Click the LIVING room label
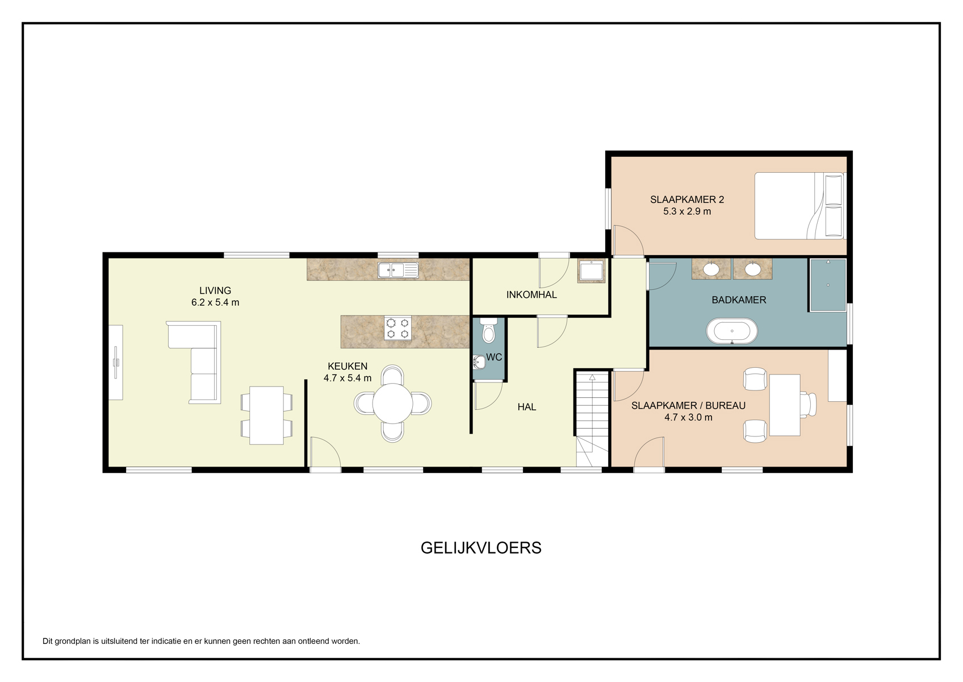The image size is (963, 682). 215,290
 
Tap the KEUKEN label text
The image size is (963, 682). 347,366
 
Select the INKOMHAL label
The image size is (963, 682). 531,295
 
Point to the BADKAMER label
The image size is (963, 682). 739,300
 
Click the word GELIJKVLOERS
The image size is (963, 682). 481,548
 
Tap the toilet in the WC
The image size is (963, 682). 488,330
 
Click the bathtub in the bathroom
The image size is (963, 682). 732,331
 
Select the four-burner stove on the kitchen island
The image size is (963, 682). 397,328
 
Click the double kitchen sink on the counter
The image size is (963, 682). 398,270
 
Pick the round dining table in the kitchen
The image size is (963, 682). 392,404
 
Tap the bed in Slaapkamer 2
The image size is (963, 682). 799,206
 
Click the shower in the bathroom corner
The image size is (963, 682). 828,285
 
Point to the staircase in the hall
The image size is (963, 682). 592,419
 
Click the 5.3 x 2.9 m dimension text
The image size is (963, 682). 687,211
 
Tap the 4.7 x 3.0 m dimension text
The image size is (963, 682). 688,417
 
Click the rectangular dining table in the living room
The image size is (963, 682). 266,415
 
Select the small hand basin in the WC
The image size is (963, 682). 479,362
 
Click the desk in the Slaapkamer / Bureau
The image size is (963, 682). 785,405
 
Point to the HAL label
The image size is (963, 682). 527,407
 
